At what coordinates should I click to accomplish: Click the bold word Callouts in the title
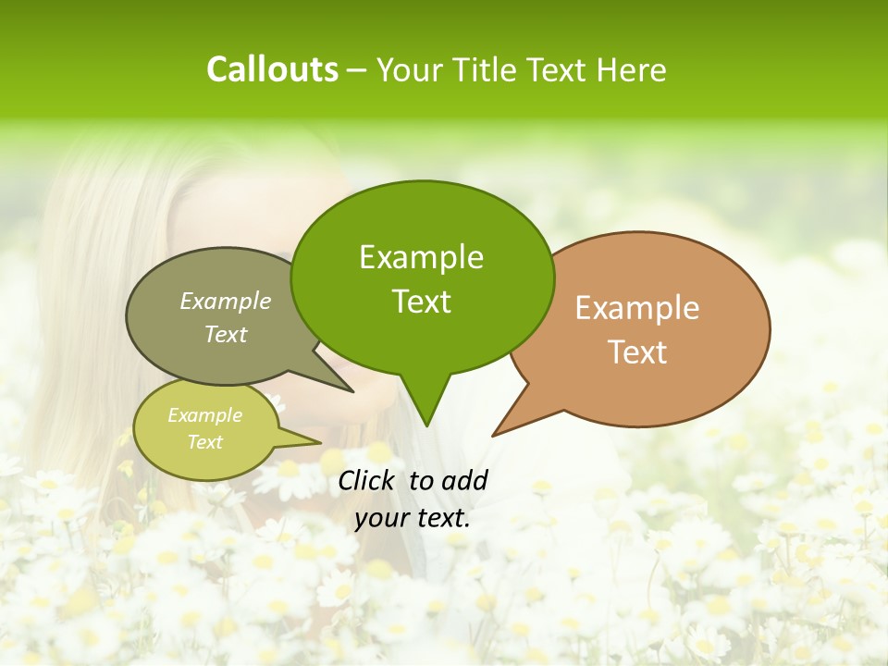pos(272,69)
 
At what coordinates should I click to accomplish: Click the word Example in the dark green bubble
pos(421,257)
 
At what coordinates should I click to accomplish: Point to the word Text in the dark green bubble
pos(421,302)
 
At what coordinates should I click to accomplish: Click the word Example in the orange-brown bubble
pos(637,308)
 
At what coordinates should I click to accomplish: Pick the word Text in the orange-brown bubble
pos(637,352)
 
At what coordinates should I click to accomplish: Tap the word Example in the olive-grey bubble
pos(226,302)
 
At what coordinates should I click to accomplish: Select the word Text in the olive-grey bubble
pos(226,334)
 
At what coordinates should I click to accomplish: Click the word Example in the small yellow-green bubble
pos(204,415)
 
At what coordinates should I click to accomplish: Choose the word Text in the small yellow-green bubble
pos(204,442)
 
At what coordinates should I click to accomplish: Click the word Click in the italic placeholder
pos(367,480)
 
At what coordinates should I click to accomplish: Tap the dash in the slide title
pos(357,70)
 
